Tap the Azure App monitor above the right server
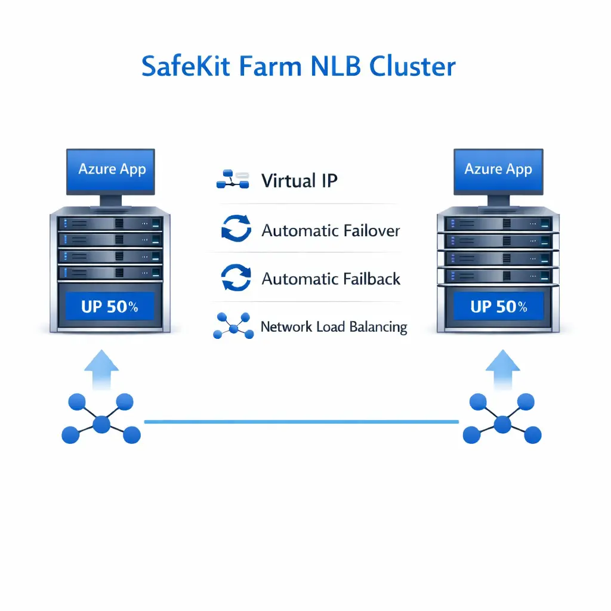[x=498, y=170]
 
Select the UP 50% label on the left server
[x=109, y=307]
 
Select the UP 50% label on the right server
[x=498, y=307]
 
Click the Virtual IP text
[x=299, y=180]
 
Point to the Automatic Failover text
[x=331, y=230]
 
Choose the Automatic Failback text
[x=331, y=279]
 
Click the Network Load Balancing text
[x=334, y=327]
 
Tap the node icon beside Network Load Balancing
[x=233, y=326]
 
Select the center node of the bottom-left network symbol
[x=101, y=424]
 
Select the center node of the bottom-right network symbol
[x=502, y=424]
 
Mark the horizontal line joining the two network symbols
[x=301, y=422]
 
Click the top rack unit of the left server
[x=109, y=223]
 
